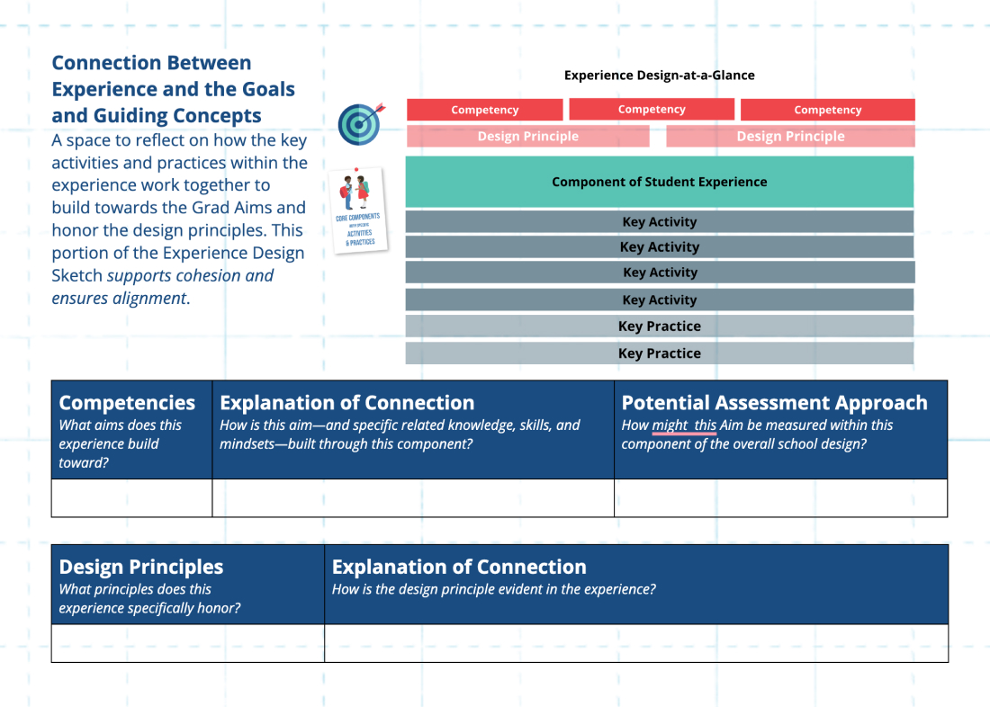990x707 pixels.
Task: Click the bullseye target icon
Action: point(360,123)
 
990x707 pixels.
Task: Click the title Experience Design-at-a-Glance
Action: point(659,76)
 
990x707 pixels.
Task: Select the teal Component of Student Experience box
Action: point(659,182)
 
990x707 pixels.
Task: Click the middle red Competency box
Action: point(652,110)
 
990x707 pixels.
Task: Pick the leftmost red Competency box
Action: point(484,110)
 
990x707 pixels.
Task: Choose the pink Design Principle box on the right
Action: point(790,137)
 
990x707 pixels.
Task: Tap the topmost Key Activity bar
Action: point(659,222)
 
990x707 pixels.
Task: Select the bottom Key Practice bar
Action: point(659,353)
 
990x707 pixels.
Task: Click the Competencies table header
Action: point(127,403)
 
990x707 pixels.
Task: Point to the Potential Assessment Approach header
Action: point(774,403)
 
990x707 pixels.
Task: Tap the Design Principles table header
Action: point(141,567)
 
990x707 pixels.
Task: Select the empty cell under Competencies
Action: point(131,498)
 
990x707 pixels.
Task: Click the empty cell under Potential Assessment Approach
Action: point(780,498)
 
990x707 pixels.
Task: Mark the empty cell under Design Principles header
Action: point(187,643)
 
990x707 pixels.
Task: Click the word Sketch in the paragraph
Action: point(76,276)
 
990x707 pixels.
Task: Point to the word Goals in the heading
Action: point(270,89)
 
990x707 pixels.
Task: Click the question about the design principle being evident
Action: point(493,590)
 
